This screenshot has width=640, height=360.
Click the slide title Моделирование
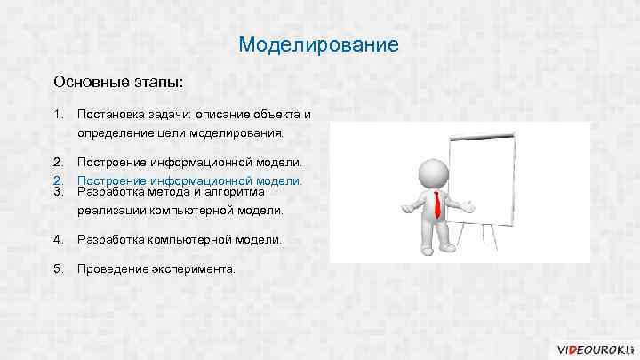click(x=319, y=44)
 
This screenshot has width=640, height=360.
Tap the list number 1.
click(x=58, y=115)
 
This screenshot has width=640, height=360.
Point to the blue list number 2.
click(x=58, y=180)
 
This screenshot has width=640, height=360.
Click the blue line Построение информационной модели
click(x=189, y=180)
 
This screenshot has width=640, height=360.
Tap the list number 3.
click(x=58, y=191)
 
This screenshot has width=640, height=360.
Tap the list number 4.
click(x=58, y=239)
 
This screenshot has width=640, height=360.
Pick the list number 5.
click(x=58, y=268)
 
